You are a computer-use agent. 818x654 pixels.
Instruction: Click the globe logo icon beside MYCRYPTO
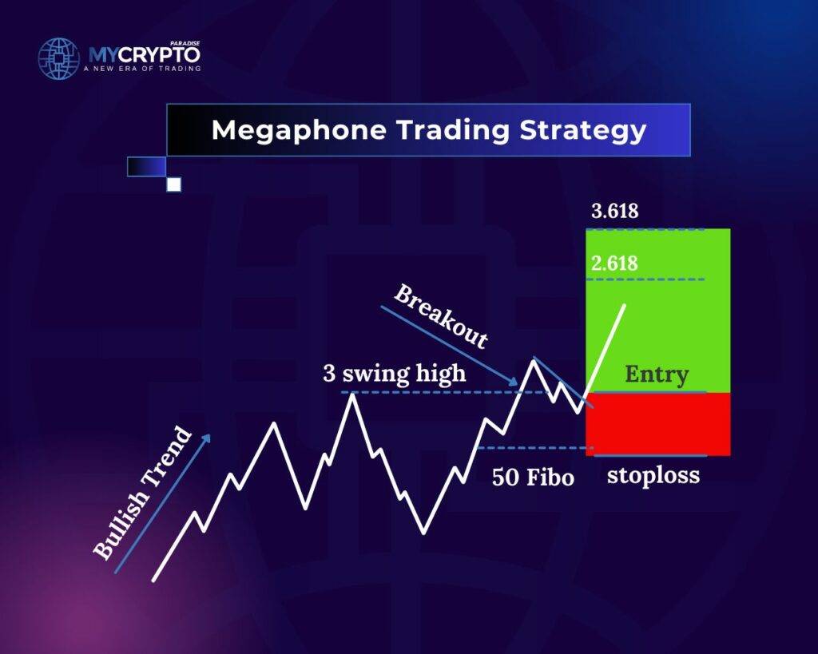58,58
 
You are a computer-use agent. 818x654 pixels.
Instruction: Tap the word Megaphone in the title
299,130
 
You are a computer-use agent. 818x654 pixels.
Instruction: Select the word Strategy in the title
583,130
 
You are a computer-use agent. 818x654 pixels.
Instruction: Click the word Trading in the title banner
453,130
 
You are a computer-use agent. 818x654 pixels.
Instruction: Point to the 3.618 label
614,212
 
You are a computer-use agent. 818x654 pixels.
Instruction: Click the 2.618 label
614,264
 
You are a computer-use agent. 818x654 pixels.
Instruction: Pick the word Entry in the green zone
657,375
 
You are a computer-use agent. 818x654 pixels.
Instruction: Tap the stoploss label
653,476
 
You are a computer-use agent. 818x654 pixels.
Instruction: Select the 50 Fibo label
533,478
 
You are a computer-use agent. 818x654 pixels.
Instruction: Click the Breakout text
441,316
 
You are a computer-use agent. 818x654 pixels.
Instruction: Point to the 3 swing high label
395,374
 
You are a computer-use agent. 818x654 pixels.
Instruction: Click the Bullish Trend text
143,493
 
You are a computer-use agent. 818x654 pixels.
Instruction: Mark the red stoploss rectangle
658,424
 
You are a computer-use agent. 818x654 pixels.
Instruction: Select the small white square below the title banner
173,184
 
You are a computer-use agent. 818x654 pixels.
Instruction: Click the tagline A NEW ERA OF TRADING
142,69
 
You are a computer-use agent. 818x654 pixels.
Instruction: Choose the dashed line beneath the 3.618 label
645,229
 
